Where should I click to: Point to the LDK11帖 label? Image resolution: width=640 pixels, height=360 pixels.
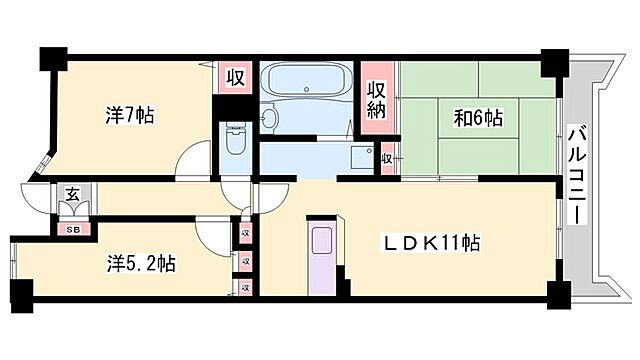[x=435, y=242]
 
